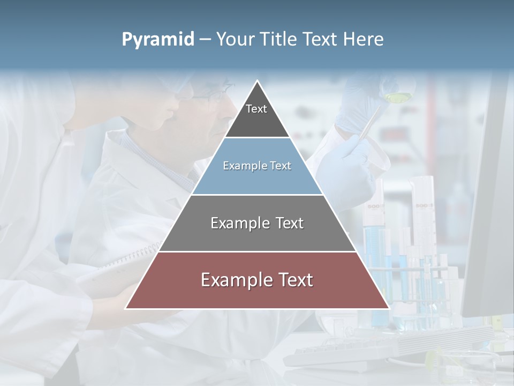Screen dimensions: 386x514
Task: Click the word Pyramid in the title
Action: point(158,40)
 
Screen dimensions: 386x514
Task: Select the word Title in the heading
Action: point(278,39)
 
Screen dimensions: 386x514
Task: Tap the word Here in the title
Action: point(363,39)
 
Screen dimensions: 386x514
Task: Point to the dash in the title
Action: point(205,40)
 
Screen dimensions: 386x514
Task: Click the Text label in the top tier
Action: point(256,109)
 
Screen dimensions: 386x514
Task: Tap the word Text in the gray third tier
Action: point(290,223)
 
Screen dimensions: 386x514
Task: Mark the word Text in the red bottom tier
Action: point(295,280)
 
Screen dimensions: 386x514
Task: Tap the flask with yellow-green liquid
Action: point(397,96)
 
